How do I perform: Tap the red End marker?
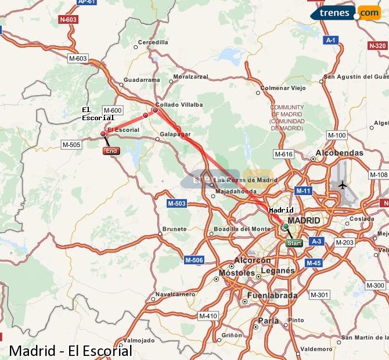point(111,151)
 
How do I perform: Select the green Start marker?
point(294,243)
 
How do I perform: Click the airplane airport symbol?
point(343,185)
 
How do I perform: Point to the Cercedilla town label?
point(153,42)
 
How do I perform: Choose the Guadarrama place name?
point(142,80)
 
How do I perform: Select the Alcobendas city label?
point(339,153)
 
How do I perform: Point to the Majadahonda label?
point(235,191)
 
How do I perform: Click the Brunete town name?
point(175,229)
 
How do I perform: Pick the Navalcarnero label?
point(175,294)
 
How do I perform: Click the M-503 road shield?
point(177,203)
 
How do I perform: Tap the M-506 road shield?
point(194,260)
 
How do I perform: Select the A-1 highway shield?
point(331,40)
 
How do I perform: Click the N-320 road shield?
point(377,45)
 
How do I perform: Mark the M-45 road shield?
point(313,263)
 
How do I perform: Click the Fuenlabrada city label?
point(272,296)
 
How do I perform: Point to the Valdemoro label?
point(318,349)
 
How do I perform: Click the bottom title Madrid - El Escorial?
point(70,351)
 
